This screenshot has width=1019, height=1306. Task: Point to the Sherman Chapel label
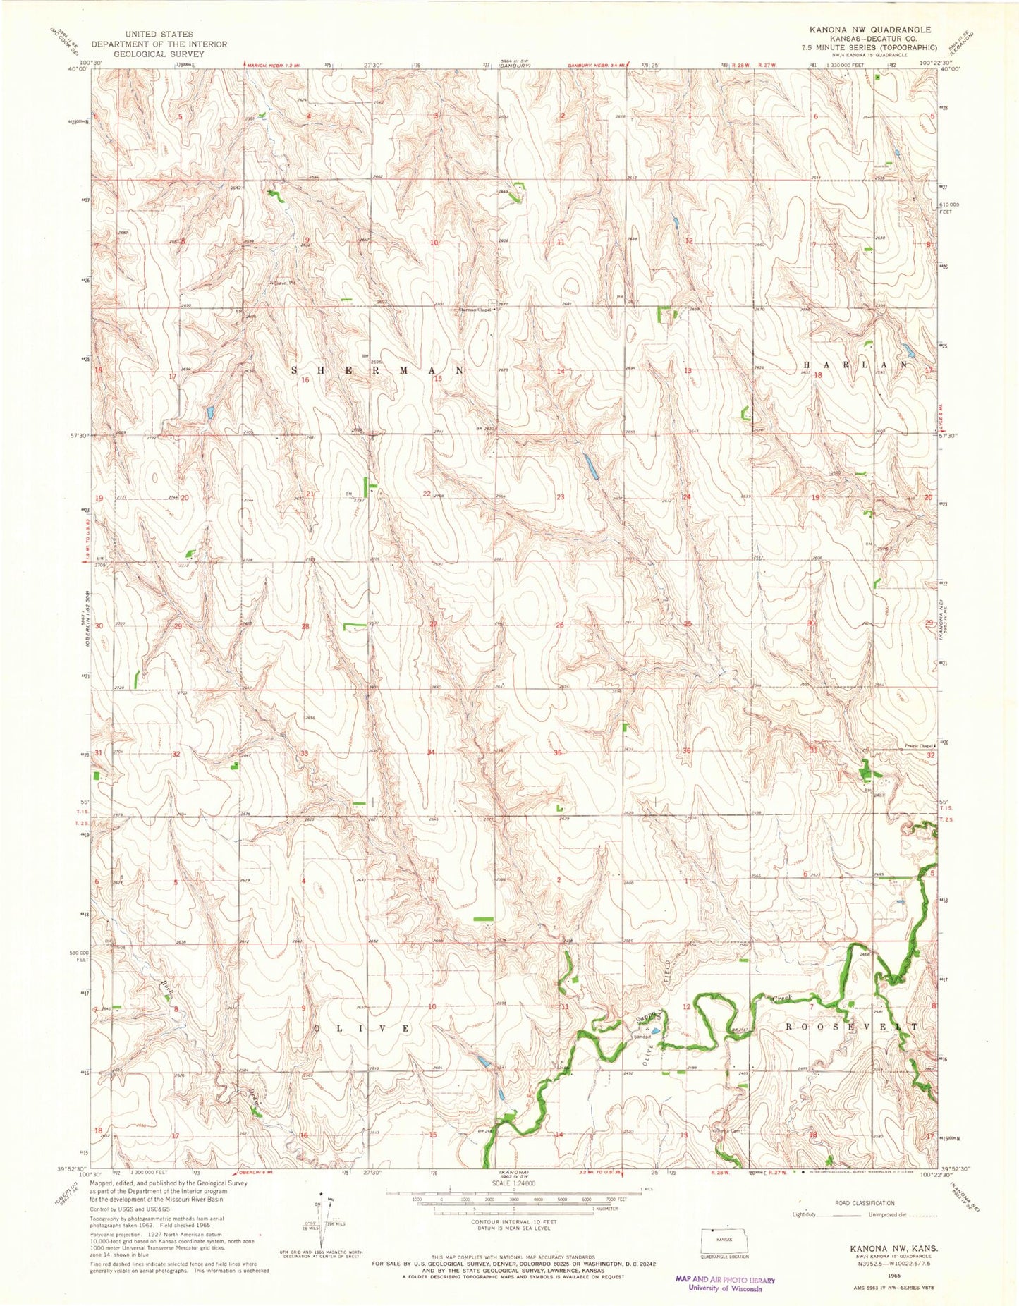click(475, 309)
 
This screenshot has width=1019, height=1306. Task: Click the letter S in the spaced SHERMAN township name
click(294, 370)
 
